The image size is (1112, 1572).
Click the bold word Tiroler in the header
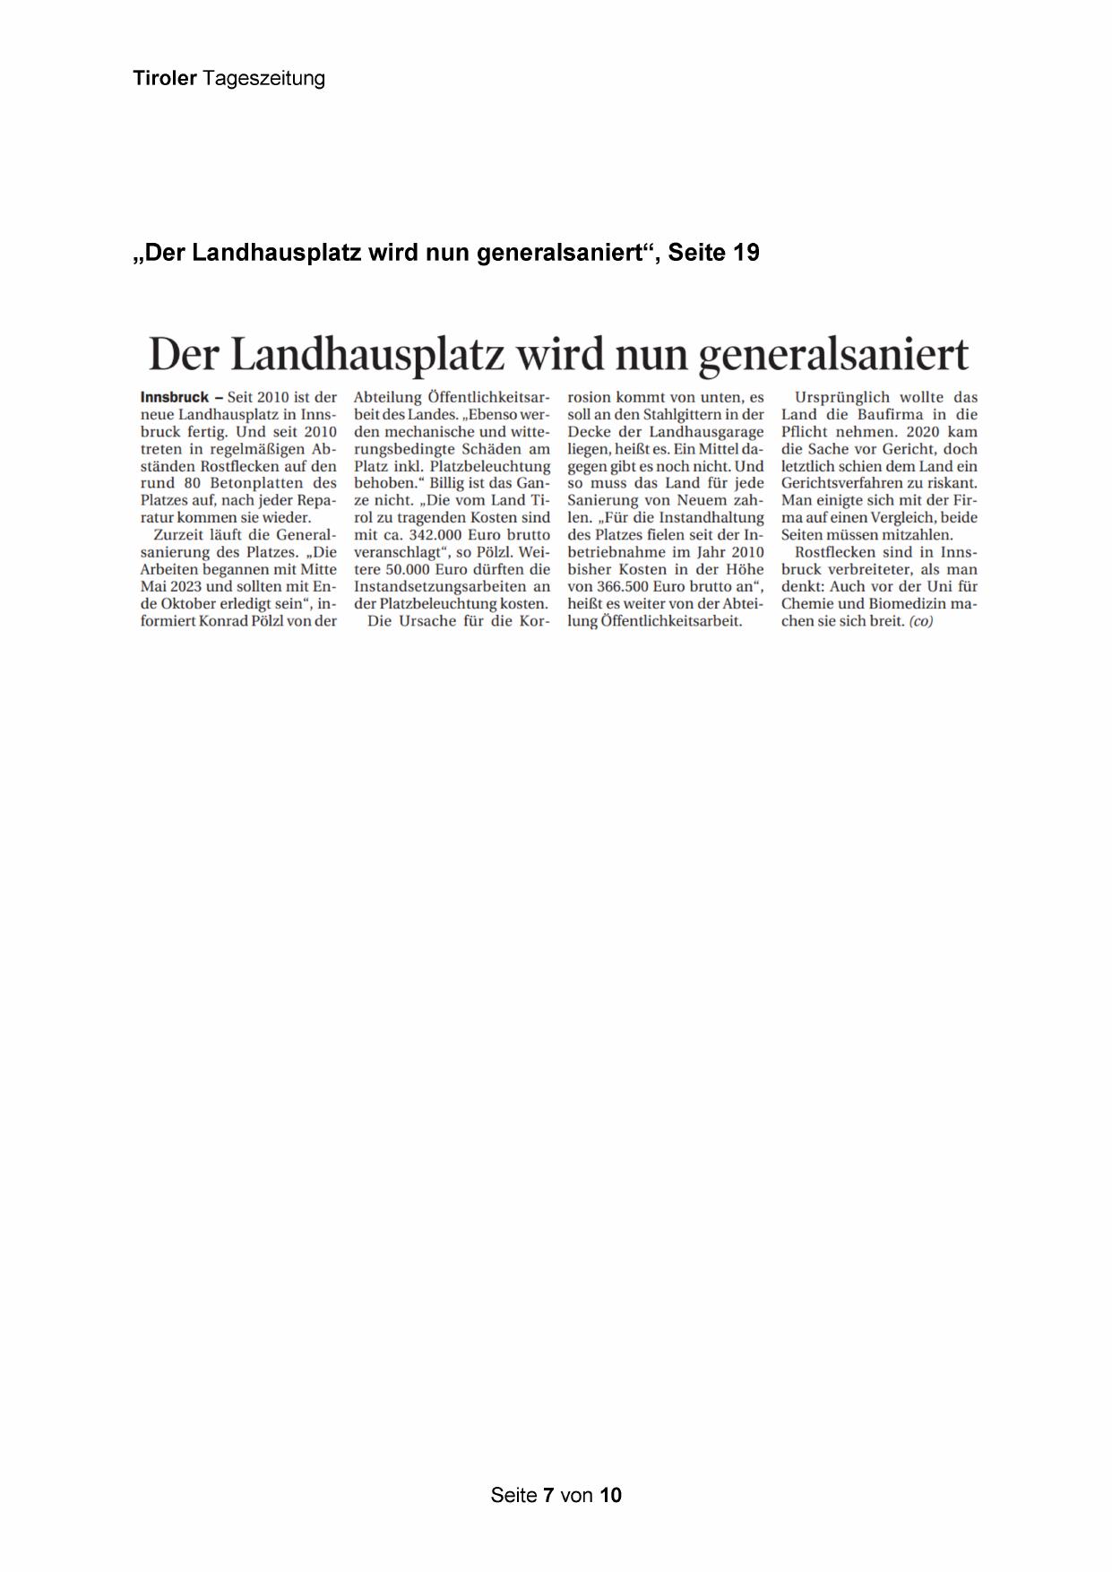click(165, 79)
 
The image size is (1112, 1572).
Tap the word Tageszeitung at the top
click(263, 79)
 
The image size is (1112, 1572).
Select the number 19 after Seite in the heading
click(746, 253)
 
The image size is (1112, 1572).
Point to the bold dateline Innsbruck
click(175, 397)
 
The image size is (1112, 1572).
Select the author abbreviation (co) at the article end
click(920, 621)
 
